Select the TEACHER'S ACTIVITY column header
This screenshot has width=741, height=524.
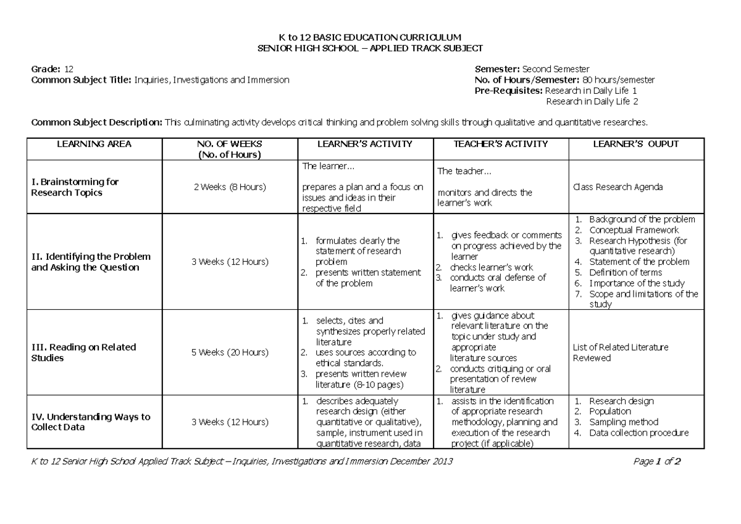click(501, 144)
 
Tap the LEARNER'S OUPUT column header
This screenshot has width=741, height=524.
click(635, 144)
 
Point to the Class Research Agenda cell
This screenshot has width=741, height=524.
click(618, 187)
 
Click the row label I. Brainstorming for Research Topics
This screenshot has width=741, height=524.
click(75, 187)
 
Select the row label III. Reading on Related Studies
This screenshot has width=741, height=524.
click(83, 352)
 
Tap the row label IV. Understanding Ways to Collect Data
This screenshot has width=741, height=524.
click(90, 422)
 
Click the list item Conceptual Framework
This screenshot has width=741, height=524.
click(634, 230)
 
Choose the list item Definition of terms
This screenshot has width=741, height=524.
click(626, 272)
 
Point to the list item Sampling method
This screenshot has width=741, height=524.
click(624, 422)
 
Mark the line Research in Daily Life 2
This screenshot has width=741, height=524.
click(597, 101)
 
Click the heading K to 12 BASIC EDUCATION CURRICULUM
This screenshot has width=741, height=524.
click(370, 38)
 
